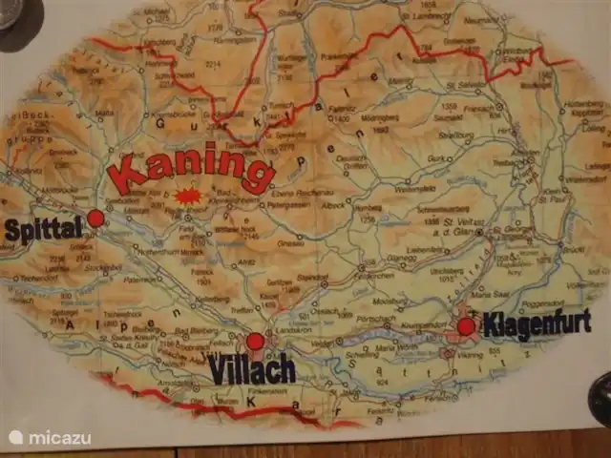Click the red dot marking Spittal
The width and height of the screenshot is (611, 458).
point(95,219)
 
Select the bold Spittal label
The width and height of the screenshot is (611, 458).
point(45,230)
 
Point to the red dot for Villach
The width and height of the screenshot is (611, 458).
point(255,342)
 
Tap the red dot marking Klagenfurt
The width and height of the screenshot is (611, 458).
point(466,326)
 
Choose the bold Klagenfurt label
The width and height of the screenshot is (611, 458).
point(537,324)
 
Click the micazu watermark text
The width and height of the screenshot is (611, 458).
point(60,438)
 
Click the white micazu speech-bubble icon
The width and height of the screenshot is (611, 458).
point(16,438)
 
